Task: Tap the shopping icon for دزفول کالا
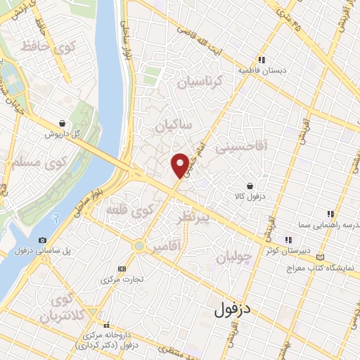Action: [250, 186]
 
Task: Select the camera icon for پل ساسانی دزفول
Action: [42, 240]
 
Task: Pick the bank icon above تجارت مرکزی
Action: [122, 268]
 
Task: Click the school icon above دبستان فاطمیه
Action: [262, 60]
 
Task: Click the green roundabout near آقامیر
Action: [139, 246]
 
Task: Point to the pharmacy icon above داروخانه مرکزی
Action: [107, 325]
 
